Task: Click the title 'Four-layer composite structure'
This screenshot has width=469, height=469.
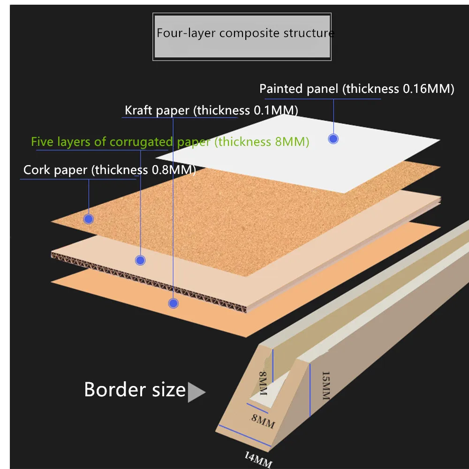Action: point(245,33)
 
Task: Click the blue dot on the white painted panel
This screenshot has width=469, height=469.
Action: point(333,139)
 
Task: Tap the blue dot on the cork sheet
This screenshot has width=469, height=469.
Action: point(88,219)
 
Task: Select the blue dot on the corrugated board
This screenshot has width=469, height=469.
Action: point(140,260)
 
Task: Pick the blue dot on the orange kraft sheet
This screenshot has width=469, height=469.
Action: point(174,303)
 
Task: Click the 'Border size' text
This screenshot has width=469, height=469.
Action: point(135,390)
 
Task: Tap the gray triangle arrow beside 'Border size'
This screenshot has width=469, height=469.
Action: point(196,392)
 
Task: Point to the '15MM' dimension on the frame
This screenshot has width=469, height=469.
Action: point(325,386)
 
